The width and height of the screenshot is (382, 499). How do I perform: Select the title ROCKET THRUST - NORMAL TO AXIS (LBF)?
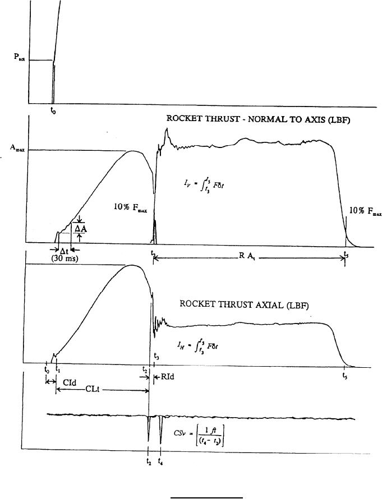tap(258, 119)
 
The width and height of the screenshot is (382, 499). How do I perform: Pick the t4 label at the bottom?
tap(162, 463)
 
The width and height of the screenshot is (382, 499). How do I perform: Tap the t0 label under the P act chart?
tap(53, 110)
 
